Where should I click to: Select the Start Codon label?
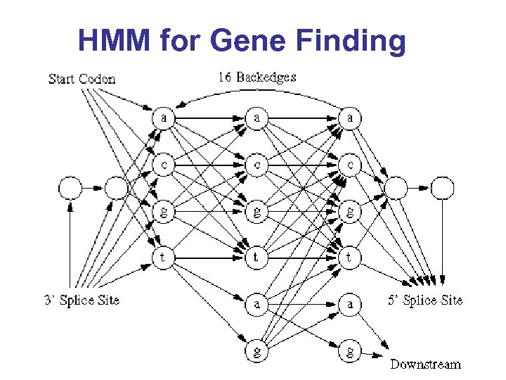coord(82,79)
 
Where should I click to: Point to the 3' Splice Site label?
coord(82,300)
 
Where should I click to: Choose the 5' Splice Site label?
coord(425,300)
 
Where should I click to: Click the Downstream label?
coord(425,364)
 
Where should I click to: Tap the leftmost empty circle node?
coord(70,188)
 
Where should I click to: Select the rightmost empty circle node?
coord(443,188)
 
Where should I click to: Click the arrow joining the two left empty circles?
coord(93,188)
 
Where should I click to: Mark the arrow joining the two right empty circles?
coord(420,188)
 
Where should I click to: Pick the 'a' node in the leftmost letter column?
coord(163,118)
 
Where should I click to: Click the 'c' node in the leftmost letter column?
coord(163,164)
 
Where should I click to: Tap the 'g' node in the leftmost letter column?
coord(163,211)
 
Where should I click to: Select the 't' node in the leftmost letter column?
coord(163,258)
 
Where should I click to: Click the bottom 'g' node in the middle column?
coord(257,350)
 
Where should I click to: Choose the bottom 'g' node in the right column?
coord(349,350)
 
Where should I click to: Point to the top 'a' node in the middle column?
coord(257,118)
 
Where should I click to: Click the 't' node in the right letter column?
coord(349,258)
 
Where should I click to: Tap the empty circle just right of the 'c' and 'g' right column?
coord(396,188)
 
